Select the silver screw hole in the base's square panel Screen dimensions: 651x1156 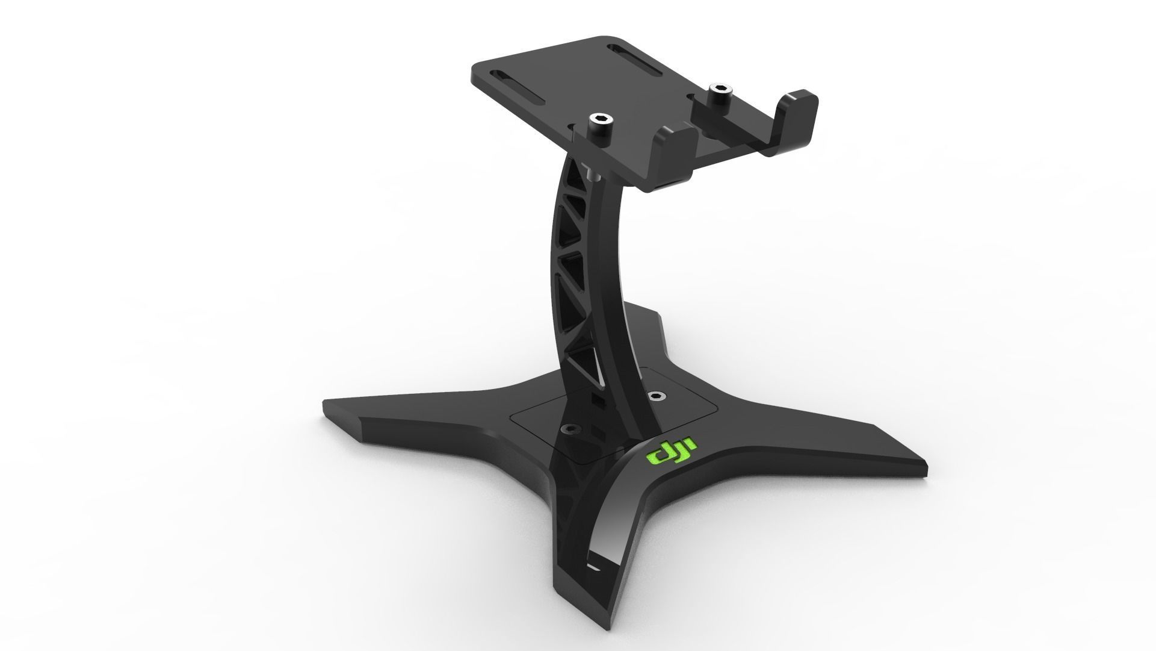(x=655, y=396)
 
